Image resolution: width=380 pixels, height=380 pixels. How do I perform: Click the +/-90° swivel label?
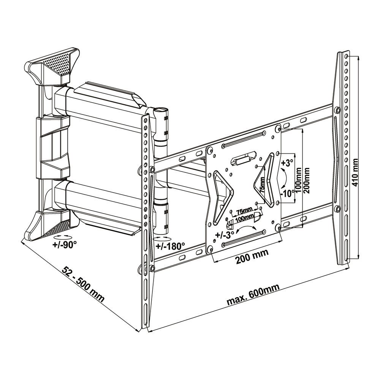pyautogui.click(x=65, y=244)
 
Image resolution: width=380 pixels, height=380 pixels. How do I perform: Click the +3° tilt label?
pyautogui.click(x=288, y=163)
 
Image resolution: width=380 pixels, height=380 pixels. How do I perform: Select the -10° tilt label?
pyautogui.click(x=288, y=193)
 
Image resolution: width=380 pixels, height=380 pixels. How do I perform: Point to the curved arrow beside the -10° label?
pyautogui.click(x=283, y=178)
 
